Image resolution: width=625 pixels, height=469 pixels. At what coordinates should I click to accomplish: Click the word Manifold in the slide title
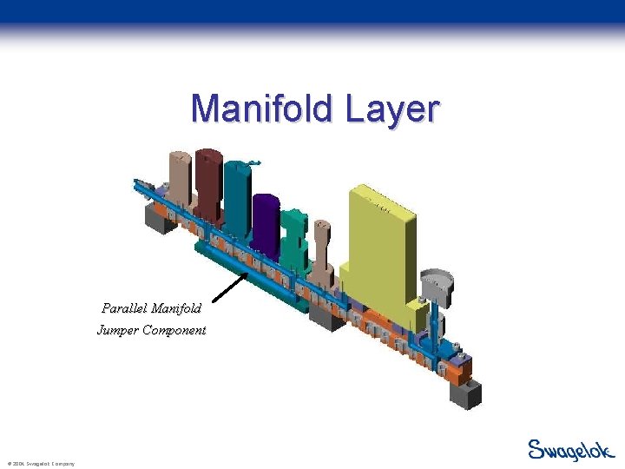(x=261, y=109)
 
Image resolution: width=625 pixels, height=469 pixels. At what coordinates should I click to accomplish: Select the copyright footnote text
(x=40, y=464)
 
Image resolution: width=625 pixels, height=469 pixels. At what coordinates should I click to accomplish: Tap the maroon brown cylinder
(x=208, y=182)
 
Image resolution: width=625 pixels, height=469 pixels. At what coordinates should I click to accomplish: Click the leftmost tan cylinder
(x=180, y=182)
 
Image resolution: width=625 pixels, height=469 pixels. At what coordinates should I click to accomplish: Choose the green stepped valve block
(x=293, y=234)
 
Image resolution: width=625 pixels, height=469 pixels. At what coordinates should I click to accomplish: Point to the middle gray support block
(x=326, y=318)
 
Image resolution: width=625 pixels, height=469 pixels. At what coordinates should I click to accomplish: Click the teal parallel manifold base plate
(x=252, y=278)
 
